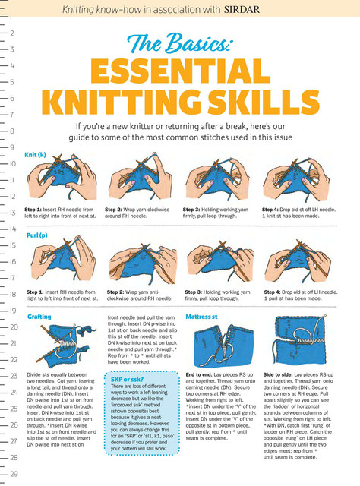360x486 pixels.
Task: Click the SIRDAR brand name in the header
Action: tap(242, 9)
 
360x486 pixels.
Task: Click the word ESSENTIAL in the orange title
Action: tap(181, 71)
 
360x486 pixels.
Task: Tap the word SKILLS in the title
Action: tap(264, 103)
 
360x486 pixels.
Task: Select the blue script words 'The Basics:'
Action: tap(179, 43)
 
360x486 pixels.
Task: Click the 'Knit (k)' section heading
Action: tap(35, 155)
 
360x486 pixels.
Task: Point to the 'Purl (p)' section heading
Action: tap(37, 235)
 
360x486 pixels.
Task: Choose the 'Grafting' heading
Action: tap(39, 317)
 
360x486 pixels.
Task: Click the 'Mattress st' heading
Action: tap(201, 317)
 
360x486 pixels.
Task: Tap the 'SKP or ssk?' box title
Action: tap(127, 379)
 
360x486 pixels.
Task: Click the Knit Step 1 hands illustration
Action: tap(62, 178)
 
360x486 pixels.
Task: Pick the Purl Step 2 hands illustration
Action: tap(144, 264)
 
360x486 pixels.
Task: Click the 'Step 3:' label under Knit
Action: tap(191, 210)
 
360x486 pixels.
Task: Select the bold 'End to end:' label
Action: tap(199, 374)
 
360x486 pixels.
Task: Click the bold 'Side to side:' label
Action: tap(278, 374)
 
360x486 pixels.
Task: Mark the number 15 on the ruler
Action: tap(12, 245)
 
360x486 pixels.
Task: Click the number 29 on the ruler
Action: tap(14, 474)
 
